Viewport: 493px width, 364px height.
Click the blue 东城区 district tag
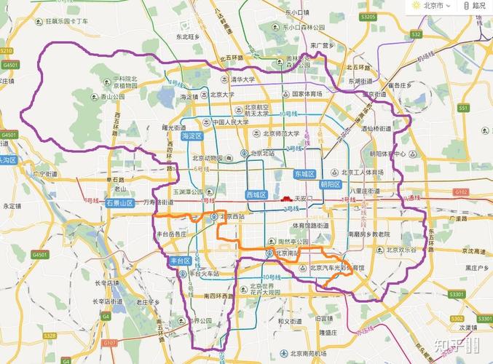point(304,174)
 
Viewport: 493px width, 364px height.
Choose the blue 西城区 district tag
point(257,195)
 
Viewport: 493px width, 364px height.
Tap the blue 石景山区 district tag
point(120,203)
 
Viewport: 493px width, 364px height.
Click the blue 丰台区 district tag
point(179,260)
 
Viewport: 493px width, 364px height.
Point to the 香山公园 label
point(113,96)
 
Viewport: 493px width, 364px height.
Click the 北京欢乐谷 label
point(400,249)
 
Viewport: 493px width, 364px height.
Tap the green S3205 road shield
point(368,16)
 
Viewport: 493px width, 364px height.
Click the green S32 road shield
point(416,34)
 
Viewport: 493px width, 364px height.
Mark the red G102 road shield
point(460,191)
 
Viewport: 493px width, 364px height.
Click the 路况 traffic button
point(475,5)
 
